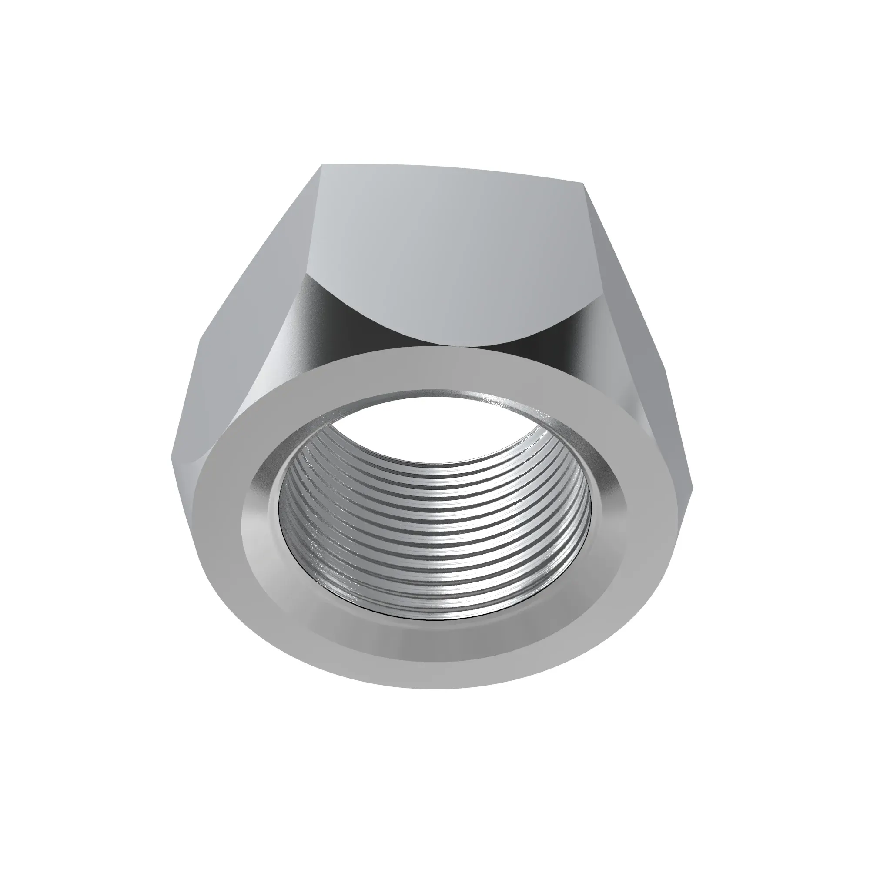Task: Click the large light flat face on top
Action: point(446,252)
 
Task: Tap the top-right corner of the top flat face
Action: point(584,183)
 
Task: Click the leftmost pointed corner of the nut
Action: point(173,458)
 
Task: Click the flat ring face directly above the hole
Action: point(432,374)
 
